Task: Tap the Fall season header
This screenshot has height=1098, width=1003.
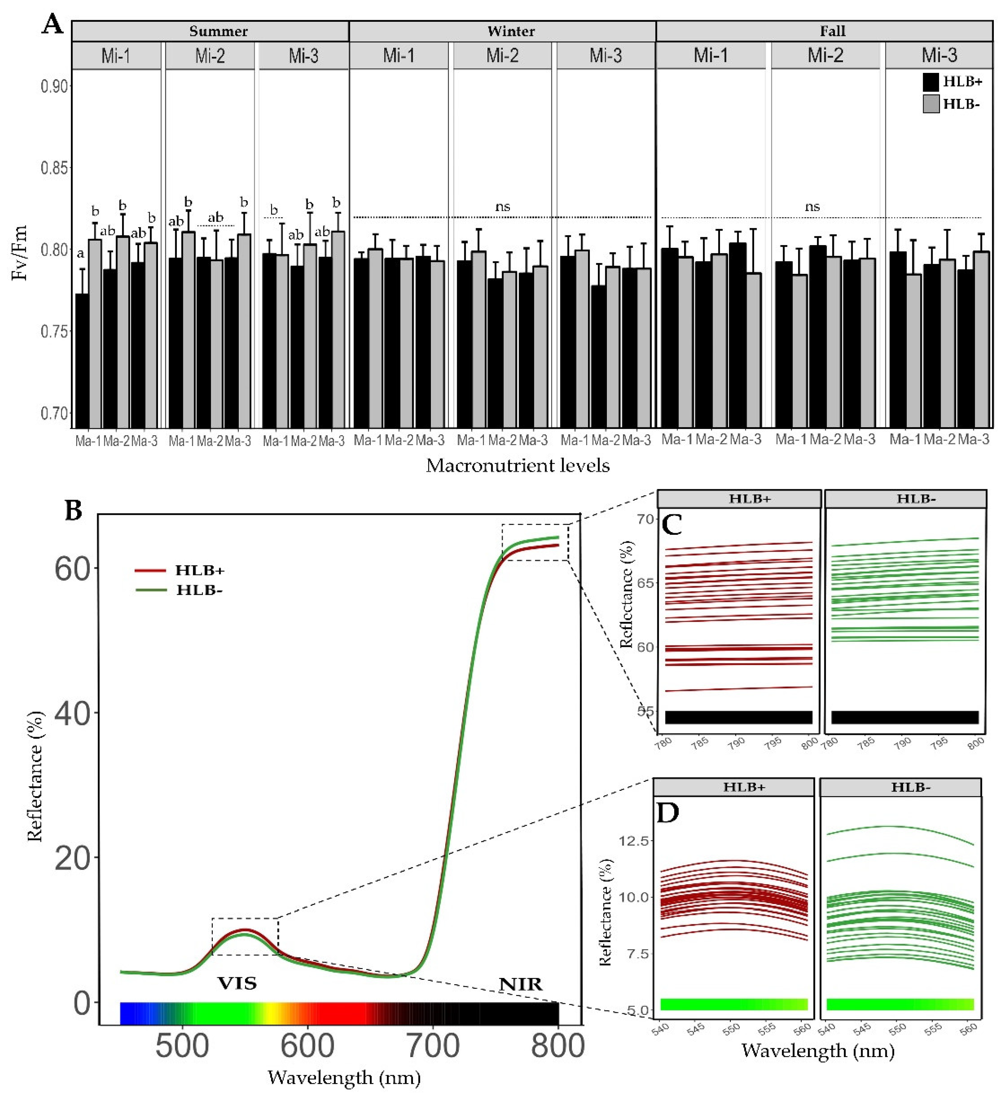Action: tap(832, 31)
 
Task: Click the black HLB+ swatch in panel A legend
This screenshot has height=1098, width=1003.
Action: tap(930, 82)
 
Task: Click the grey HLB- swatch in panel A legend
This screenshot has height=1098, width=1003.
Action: tap(930, 104)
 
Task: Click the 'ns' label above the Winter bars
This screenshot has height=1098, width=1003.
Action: tap(502, 207)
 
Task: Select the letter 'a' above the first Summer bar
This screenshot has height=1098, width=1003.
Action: tap(80, 253)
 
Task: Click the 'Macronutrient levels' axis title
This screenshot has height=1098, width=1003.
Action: tap(517, 465)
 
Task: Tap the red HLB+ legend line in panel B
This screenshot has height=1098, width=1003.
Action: tap(150, 570)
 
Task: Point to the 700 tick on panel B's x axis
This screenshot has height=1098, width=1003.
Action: tap(433, 1046)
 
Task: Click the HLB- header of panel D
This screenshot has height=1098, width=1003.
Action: tap(910, 787)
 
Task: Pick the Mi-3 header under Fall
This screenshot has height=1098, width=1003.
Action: tap(939, 55)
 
